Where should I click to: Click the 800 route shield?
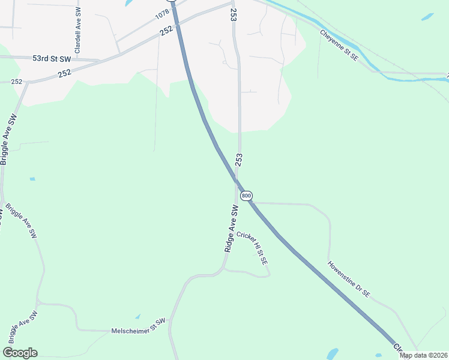pos(246,196)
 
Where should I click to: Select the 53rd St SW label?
pos(52,59)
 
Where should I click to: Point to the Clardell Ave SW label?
pos(77,29)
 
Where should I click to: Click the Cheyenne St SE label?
pos(339,46)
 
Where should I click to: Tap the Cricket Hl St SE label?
pos(251,249)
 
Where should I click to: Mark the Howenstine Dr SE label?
pos(349,280)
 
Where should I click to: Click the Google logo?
pos(20,353)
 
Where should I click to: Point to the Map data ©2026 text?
pos(423,355)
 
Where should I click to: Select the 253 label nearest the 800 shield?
pos(239,160)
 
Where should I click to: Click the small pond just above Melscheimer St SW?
pos(137,316)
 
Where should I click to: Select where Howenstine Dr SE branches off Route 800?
pos(255,203)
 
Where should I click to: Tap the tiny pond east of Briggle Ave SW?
pos(32,179)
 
